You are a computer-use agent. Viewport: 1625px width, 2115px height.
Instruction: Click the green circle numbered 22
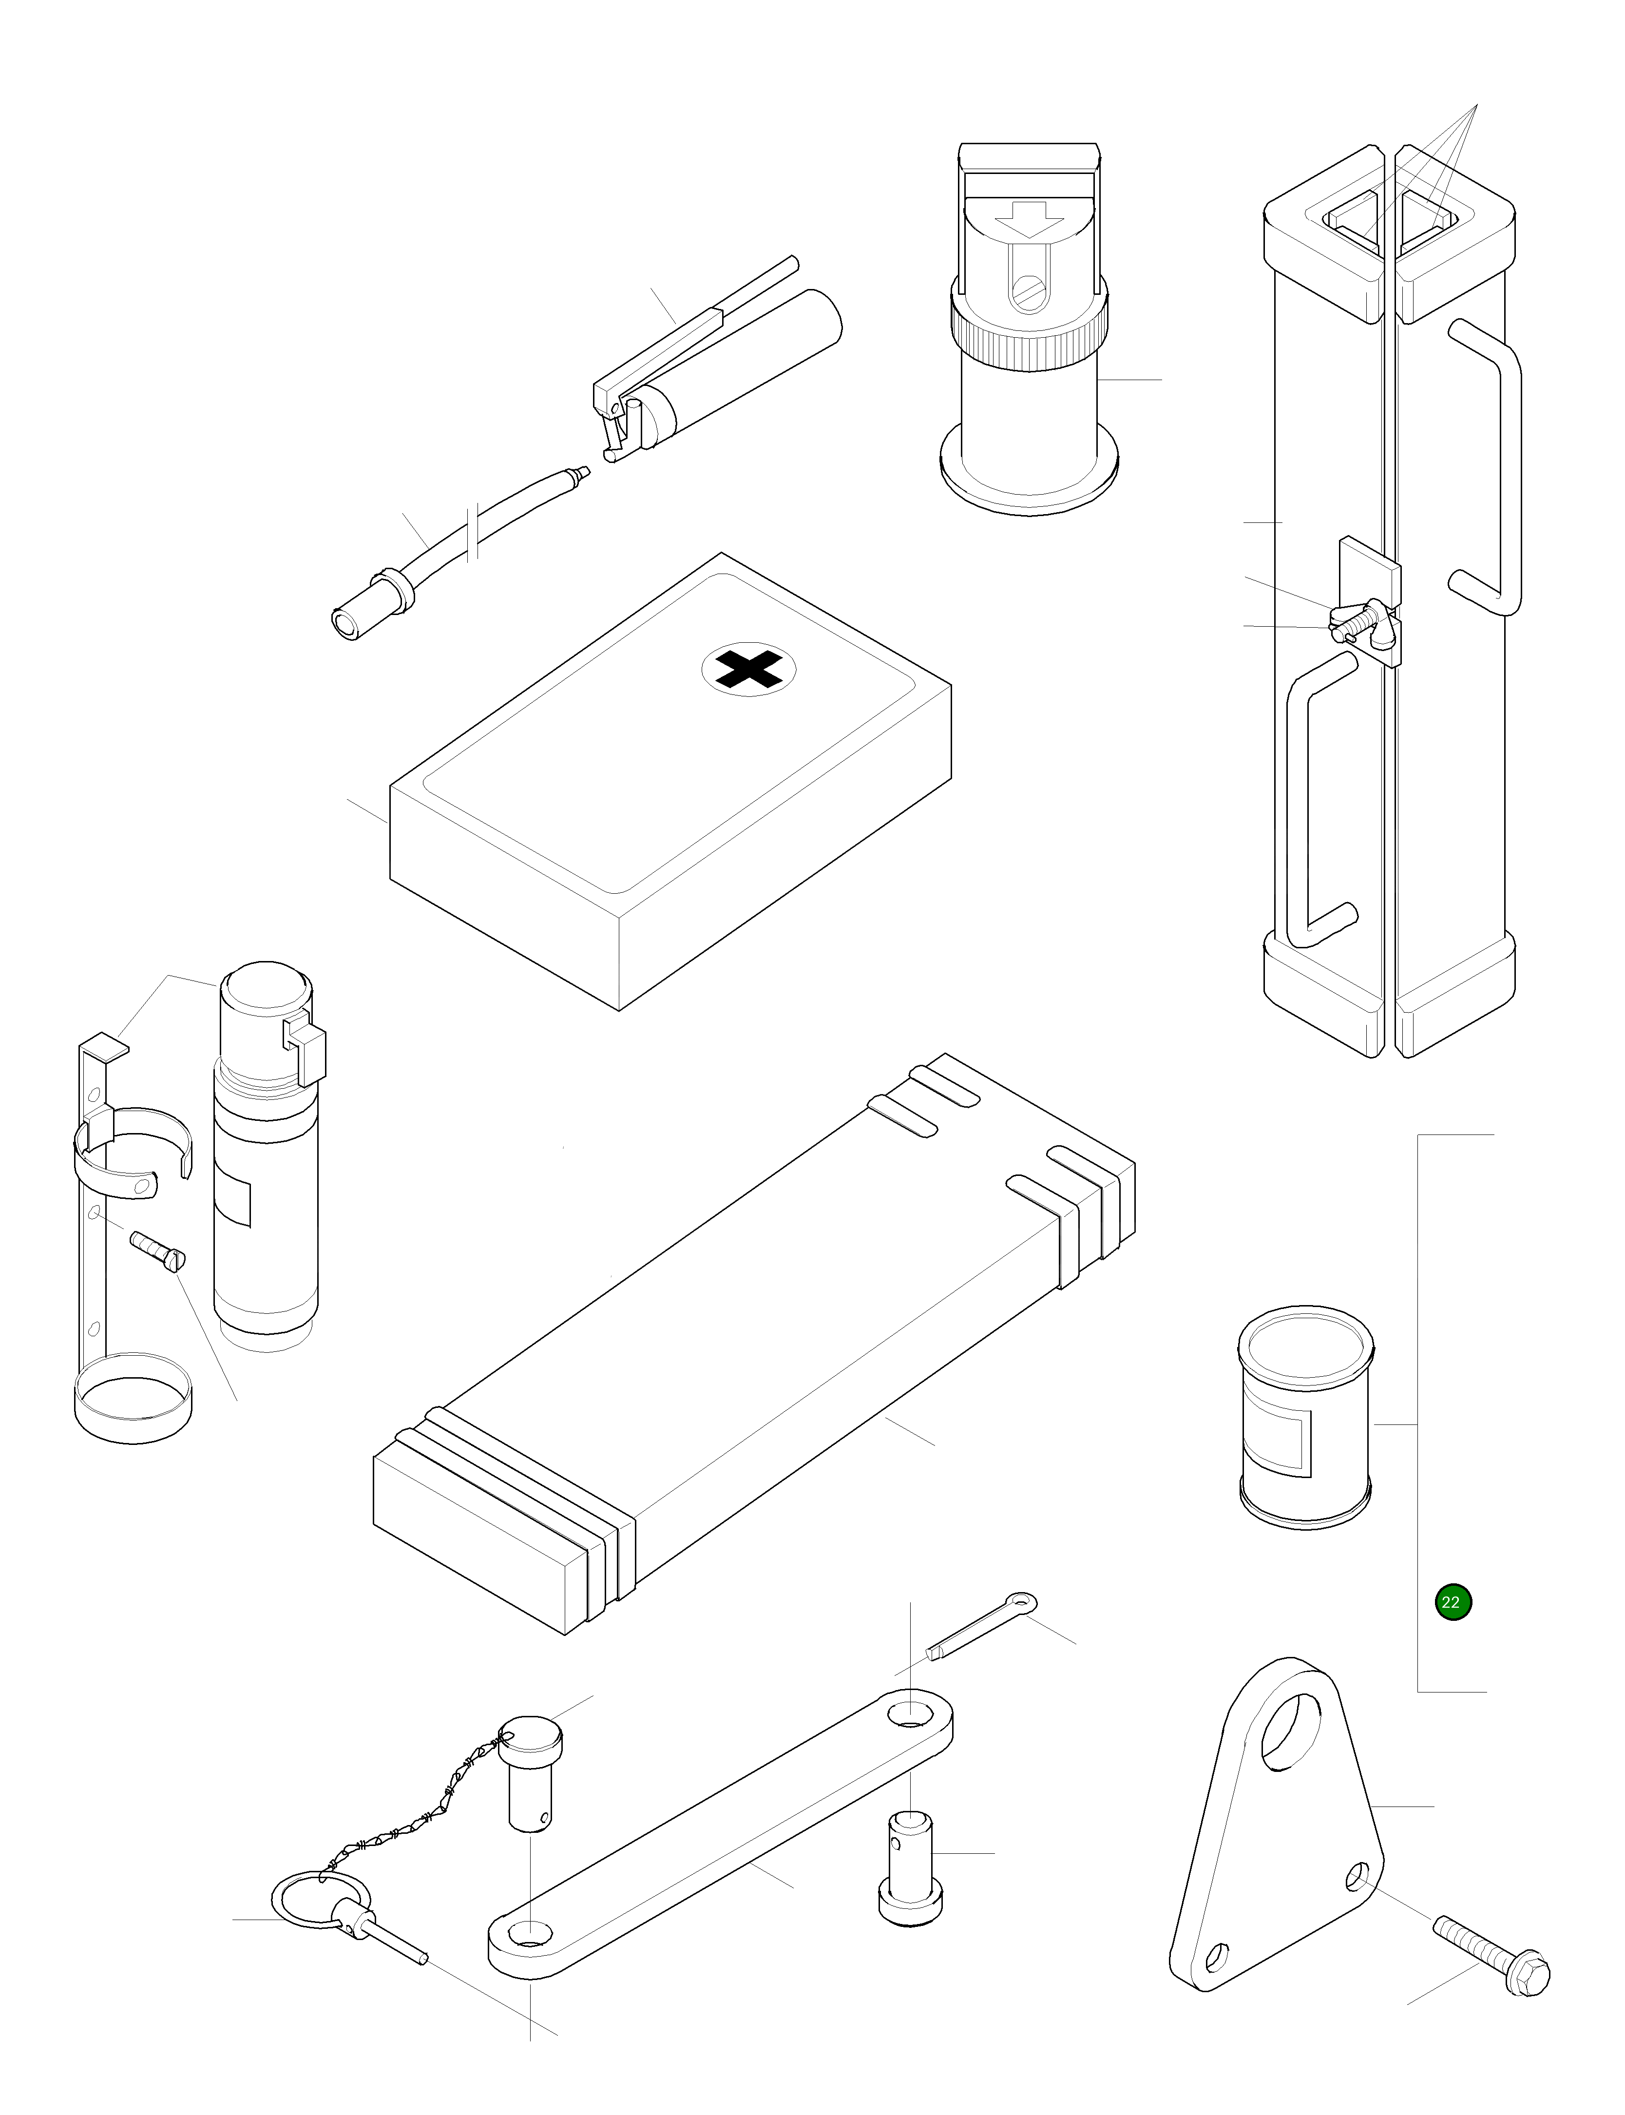[x=1453, y=1602]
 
